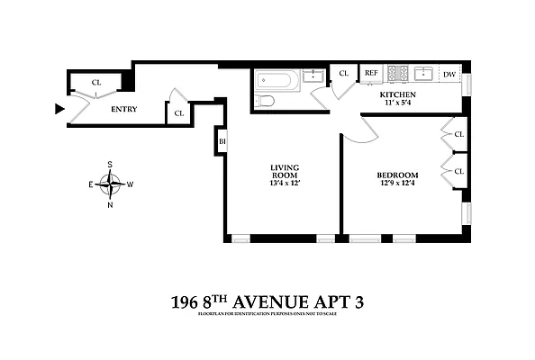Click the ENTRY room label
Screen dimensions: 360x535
coord(124,110)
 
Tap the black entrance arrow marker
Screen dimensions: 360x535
coord(59,109)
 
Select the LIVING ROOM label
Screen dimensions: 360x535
coord(285,171)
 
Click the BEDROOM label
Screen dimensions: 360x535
coord(396,175)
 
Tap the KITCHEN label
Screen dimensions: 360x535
coord(397,94)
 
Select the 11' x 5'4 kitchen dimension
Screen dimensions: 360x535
coord(397,103)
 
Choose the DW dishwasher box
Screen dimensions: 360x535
coord(449,74)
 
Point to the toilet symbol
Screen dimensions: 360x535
coord(265,101)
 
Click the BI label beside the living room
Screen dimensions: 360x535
coord(221,141)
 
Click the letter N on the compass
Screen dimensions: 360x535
coord(111,204)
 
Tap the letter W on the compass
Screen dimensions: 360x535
coord(131,184)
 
